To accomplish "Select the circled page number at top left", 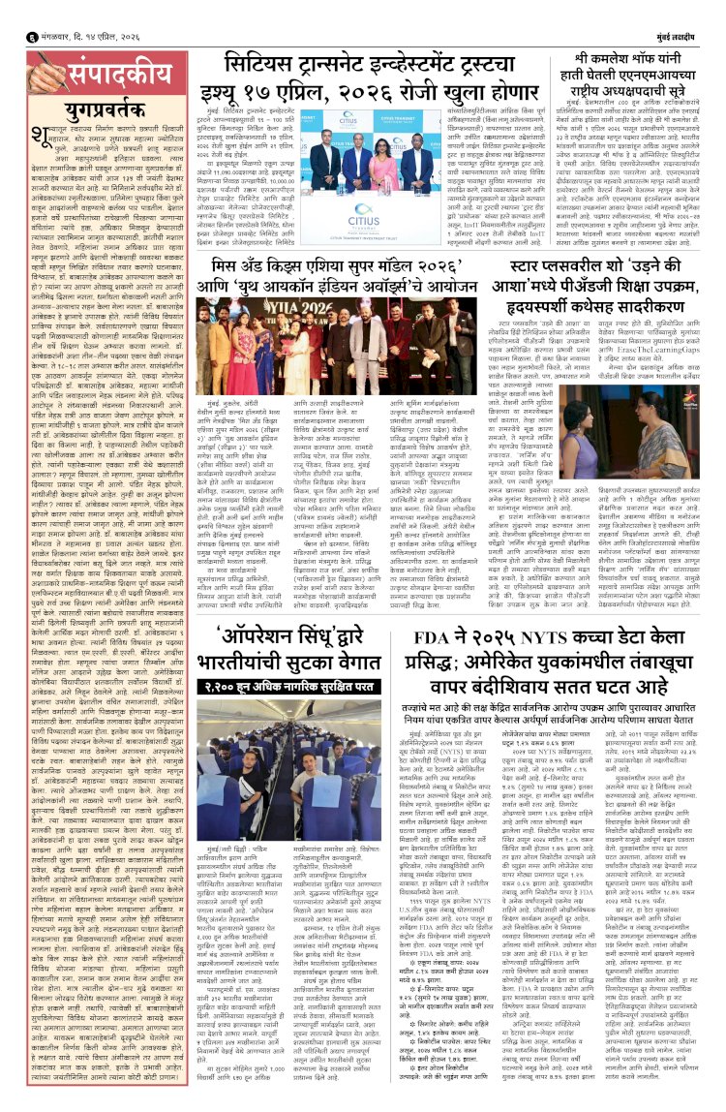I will click(9, 13).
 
